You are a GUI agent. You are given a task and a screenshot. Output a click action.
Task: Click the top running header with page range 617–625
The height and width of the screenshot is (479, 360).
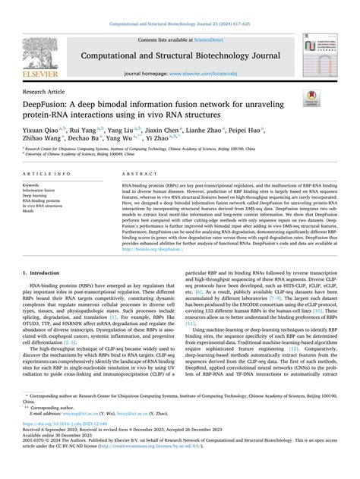click(180, 5)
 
